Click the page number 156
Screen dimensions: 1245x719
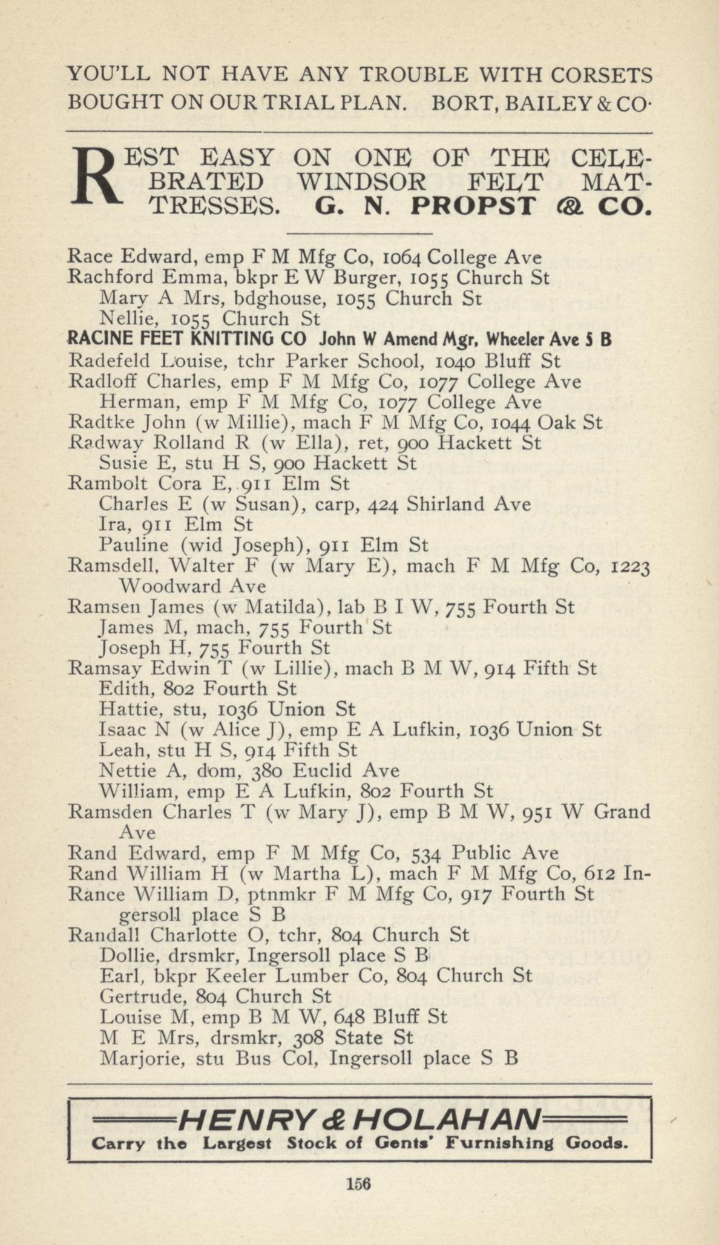point(359,1184)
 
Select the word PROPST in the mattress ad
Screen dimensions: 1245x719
point(473,207)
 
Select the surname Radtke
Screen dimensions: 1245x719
point(99,422)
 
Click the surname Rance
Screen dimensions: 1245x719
point(97,894)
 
